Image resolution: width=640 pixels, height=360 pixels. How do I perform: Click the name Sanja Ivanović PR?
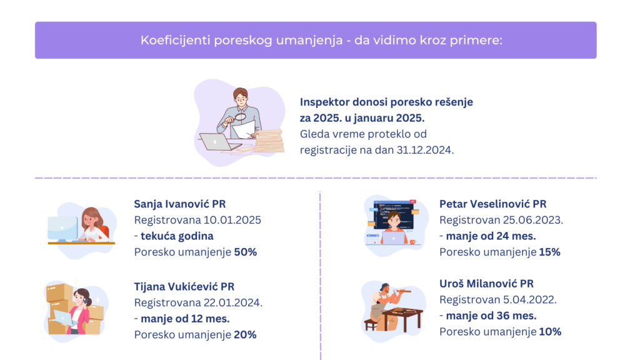pyautogui.click(x=179, y=204)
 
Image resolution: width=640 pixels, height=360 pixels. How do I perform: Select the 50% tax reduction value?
pyautogui.click(x=245, y=252)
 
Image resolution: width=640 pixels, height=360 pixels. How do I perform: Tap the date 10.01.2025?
pyautogui.click(x=232, y=220)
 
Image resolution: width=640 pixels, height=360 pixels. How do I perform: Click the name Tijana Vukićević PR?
pyautogui.click(x=184, y=286)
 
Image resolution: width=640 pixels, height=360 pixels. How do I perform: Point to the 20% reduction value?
pyautogui.click(x=245, y=335)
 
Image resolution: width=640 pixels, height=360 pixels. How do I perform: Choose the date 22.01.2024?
pyautogui.click(x=233, y=303)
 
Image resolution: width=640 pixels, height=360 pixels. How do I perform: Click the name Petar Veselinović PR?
pyautogui.click(x=492, y=204)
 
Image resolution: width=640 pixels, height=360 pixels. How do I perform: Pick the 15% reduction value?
pyautogui.click(x=550, y=252)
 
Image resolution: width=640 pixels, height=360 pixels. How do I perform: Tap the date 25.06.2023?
pyautogui.click(x=532, y=220)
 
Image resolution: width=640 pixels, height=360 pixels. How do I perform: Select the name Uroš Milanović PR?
pyautogui.click(x=486, y=283)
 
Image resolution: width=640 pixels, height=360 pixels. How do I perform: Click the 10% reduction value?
pyautogui.click(x=550, y=332)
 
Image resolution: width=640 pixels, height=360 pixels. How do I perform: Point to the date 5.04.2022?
pyautogui.click(x=530, y=299)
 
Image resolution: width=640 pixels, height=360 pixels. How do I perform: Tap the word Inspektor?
pyautogui.click(x=325, y=102)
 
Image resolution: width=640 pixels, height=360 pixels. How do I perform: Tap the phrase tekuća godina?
pyautogui.click(x=177, y=236)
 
